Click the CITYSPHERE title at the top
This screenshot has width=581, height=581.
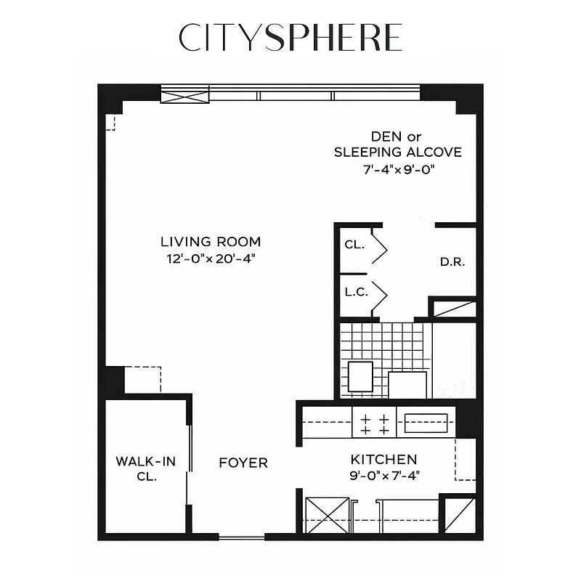click(x=290, y=38)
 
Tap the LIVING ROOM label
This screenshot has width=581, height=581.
click(x=211, y=242)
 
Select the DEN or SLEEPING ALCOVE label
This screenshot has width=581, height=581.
click(x=397, y=145)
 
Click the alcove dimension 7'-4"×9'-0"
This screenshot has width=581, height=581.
click(x=397, y=169)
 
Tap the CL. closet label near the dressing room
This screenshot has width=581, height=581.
click(x=354, y=245)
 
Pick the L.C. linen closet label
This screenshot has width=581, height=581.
click(x=356, y=292)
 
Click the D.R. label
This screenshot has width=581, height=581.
click(x=452, y=262)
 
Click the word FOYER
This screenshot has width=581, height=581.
click(x=244, y=463)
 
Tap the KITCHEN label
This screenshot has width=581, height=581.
click(x=383, y=460)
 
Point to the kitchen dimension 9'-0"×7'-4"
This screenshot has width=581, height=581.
click(x=383, y=476)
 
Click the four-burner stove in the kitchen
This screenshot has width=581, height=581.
click(x=374, y=423)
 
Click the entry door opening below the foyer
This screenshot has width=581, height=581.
click(x=241, y=537)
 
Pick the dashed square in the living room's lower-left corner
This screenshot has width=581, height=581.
click(x=142, y=379)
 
